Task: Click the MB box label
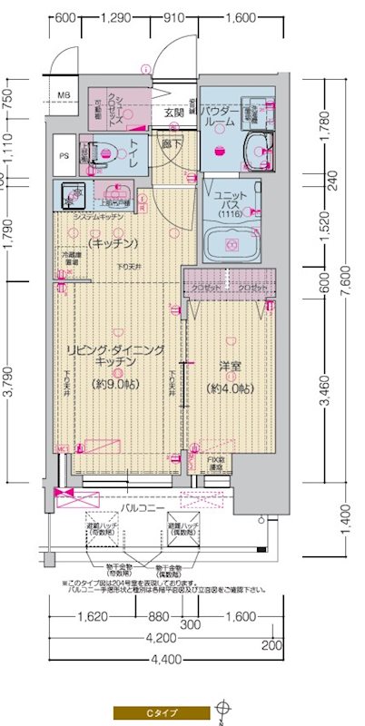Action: [64, 95]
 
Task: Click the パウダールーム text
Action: [220, 115]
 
